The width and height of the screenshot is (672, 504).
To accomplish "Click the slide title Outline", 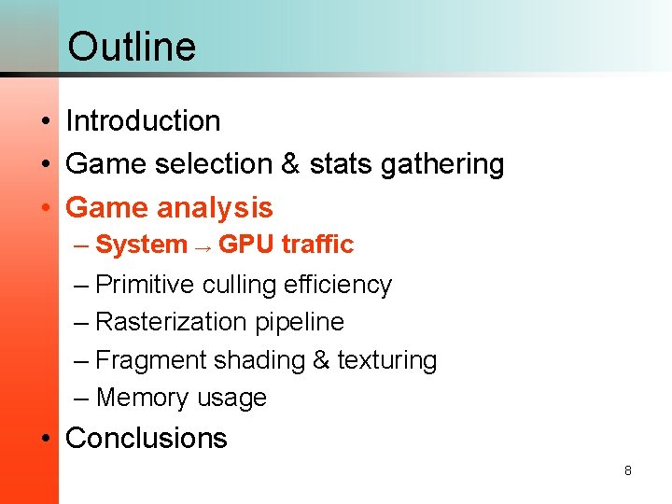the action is click(132, 46).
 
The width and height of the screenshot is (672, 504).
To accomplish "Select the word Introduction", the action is click(143, 120).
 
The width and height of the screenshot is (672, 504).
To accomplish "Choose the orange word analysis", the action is click(215, 207).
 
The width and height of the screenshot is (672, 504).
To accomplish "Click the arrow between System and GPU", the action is click(203, 245).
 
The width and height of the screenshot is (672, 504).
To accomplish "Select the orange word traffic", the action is click(317, 245).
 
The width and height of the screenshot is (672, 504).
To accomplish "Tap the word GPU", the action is click(245, 245).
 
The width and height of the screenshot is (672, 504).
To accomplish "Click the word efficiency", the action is click(336, 285).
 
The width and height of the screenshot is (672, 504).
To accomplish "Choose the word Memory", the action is click(143, 398).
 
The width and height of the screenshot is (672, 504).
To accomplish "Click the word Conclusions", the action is click(146, 438).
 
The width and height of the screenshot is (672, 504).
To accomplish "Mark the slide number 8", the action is click(627, 470).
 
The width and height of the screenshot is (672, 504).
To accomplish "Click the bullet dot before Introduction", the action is click(45, 122).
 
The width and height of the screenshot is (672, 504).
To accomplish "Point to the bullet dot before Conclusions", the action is click(45, 439).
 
